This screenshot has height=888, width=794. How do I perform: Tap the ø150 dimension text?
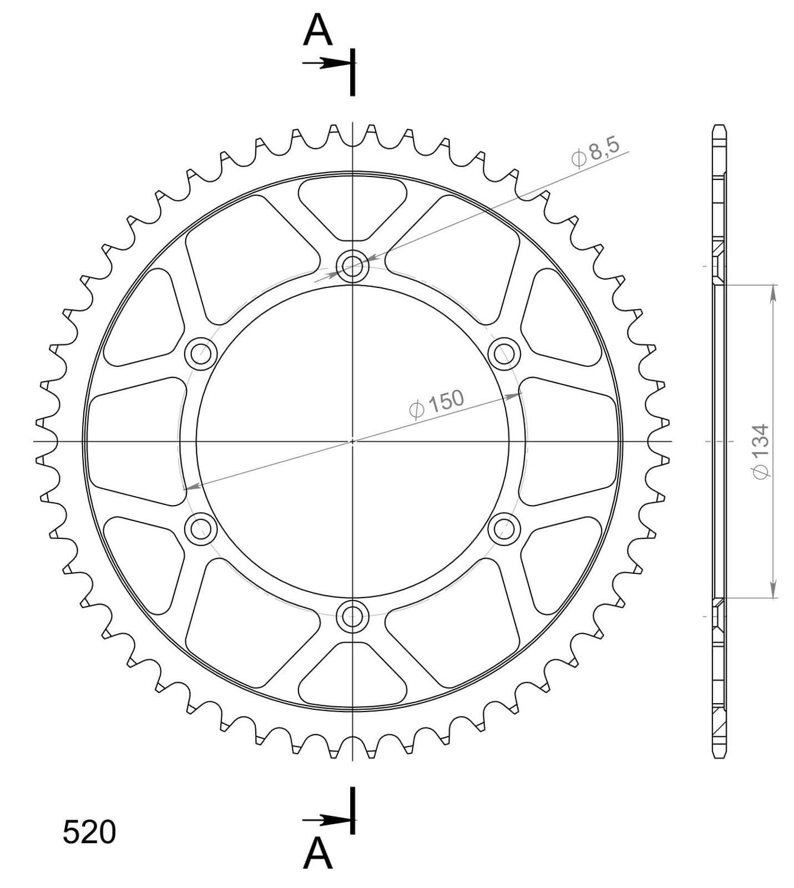point(436,404)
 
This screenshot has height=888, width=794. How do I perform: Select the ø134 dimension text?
point(760,451)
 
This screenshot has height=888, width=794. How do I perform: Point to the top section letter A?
point(317,30)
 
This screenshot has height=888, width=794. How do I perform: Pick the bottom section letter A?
point(317,854)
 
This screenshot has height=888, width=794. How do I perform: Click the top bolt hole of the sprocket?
point(352,266)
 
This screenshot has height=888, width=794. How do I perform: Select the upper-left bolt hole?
point(200,354)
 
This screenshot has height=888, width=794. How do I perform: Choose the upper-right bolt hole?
point(504,354)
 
